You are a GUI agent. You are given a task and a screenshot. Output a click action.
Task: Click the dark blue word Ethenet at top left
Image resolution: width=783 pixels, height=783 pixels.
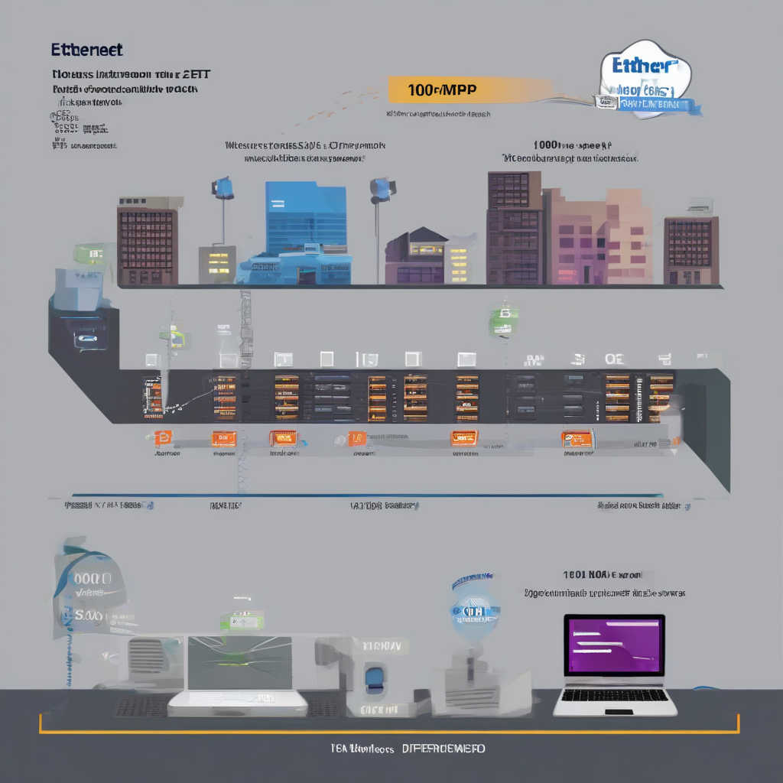[86, 50]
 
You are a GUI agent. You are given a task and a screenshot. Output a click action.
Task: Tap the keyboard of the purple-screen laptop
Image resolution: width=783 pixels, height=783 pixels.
[615, 697]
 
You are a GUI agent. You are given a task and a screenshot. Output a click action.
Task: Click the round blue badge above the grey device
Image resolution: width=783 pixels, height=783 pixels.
[473, 608]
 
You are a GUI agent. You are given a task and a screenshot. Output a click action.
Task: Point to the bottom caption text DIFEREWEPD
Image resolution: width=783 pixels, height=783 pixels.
[443, 749]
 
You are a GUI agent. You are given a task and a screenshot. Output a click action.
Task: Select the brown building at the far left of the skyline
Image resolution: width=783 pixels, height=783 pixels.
[147, 245]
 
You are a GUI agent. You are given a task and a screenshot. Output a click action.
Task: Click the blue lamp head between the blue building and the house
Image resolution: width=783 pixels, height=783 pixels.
[381, 188]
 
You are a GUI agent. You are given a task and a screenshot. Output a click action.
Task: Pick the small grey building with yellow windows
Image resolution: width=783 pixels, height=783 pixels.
[217, 263]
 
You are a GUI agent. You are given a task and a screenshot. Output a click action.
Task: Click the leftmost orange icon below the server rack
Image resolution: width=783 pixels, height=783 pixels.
[163, 437]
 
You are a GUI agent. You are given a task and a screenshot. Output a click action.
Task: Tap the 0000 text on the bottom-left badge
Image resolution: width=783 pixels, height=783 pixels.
[92, 579]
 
